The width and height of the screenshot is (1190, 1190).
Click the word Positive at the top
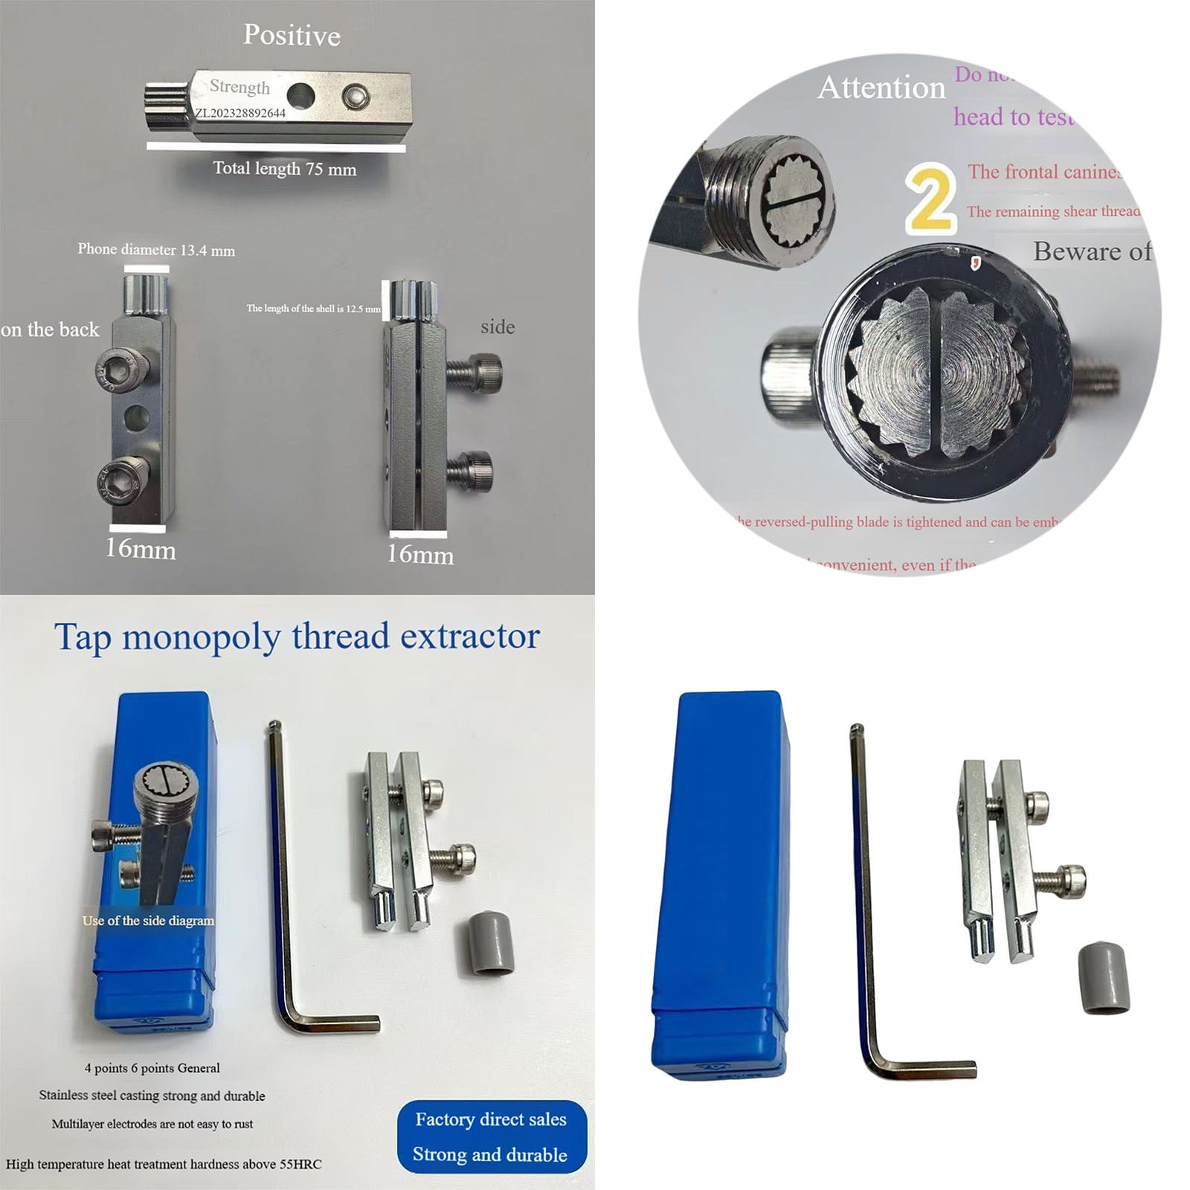[292, 36]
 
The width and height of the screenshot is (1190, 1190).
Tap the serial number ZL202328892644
[240, 113]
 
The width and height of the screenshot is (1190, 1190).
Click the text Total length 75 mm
[284, 169]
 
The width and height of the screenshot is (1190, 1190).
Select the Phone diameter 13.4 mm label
[156, 250]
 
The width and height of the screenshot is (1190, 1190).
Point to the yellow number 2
[930, 199]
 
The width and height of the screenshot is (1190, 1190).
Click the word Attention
[881, 88]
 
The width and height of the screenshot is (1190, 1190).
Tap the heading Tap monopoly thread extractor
[297, 637]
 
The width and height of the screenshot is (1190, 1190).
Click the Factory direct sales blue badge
[492, 1136]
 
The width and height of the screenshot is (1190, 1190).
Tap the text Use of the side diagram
[148, 921]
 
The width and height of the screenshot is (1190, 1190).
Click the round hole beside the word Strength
[300, 94]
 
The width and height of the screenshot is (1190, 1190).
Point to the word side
[498, 327]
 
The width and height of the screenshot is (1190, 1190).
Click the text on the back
[50, 329]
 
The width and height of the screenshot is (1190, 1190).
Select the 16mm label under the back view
[141, 550]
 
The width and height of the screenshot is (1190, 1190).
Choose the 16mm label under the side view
[420, 554]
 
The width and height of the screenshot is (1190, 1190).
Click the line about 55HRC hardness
[164, 1164]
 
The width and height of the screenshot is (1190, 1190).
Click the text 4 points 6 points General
[152, 1068]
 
